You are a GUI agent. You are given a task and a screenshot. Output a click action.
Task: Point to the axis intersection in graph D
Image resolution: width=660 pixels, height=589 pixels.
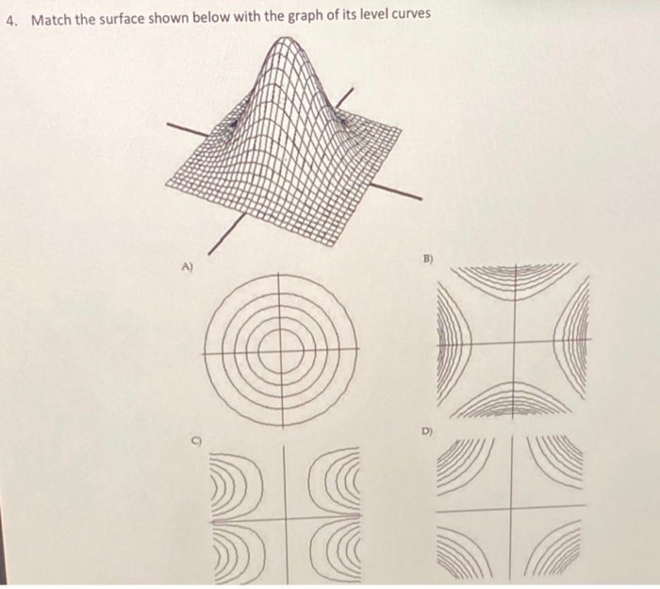pyautogui.click(x=510, y=511)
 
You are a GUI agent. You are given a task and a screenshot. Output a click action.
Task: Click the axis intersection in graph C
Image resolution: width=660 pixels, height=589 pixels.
pyautogui.click(x=280, y=519)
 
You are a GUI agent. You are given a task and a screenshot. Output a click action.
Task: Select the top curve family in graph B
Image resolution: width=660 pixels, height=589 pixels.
pyautogui.click(x=514, y=281)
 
